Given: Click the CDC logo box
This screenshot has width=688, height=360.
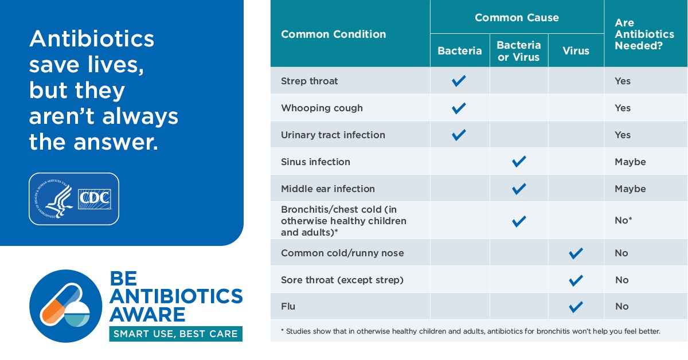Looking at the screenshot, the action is [x=94, y=199].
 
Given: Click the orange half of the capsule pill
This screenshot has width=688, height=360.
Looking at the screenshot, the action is [x=52, y=311].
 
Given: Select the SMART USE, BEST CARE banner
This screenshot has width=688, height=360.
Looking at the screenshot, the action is [x=175, y=334].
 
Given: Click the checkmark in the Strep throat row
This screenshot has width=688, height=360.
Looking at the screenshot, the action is [x=459, y=81].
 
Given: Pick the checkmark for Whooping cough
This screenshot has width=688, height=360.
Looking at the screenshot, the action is [x=459, y=108].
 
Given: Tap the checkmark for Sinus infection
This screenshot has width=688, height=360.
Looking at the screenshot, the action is [x=519, y=162].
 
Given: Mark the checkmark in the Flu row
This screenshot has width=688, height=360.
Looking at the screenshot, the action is [x=576, y=307].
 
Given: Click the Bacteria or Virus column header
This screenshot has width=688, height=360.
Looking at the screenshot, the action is [x=518, y=51].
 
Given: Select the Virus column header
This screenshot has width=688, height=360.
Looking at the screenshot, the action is [x=576, y=50].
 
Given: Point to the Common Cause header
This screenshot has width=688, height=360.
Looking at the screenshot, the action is [x=517, y=18].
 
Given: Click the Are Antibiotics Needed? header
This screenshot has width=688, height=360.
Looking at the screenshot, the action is [x=644, y=34].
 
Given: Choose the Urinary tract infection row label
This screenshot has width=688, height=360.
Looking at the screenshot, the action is [x=333, y=135].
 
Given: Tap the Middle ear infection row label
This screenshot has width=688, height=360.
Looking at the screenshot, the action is [x=328, y=189].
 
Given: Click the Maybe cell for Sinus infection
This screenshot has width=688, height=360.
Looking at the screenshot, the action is [x=630, y=162].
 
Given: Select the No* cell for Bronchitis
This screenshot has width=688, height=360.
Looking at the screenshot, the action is [x=623, y=220].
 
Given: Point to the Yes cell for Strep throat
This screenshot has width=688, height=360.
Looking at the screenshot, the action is [x=623, y=81].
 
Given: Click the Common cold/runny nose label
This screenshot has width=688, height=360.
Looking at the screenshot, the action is [x=342, y=253].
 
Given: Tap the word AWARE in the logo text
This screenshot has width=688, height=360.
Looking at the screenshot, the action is [x=147, y=315].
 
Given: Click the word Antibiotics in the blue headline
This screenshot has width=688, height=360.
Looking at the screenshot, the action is [x=92, y=39].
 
